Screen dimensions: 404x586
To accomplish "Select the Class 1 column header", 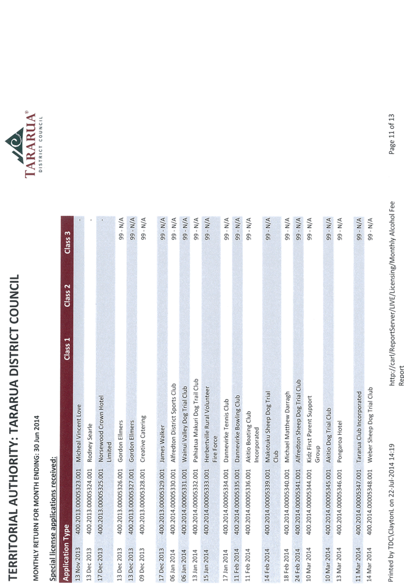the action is (x=68, y=349).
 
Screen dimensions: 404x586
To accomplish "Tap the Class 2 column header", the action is (x=68, y=296).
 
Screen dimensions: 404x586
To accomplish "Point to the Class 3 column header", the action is (x=68, y=243).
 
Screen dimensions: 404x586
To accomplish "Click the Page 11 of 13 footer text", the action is (x=391, y=134).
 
